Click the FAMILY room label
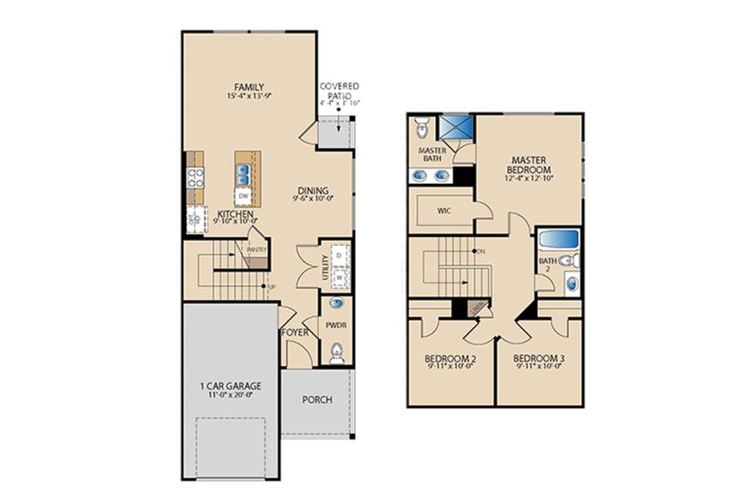tap(249, 86)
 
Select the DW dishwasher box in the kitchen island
tap(244, 196)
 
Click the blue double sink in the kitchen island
tap(244, 175)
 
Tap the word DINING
tap(311, 189)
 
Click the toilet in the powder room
tap(337, 355)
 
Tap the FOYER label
tap(294, 332)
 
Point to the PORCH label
tap(317, 399)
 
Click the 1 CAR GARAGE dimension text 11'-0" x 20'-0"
tap(230, 396)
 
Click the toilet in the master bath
tap(421, 128)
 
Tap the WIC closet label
tap(444, 211)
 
